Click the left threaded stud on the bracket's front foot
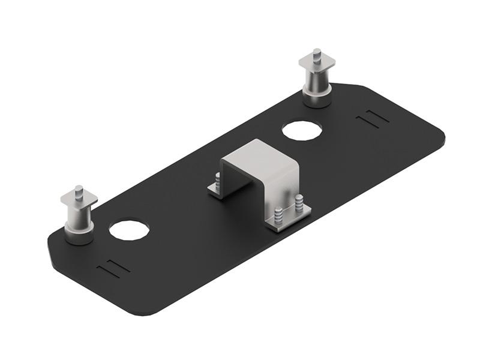(x=278, y=214)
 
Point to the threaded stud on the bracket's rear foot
(x=216, y=180)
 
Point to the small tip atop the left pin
(x=79, y=190)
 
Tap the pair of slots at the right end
(x=372, y=117)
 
